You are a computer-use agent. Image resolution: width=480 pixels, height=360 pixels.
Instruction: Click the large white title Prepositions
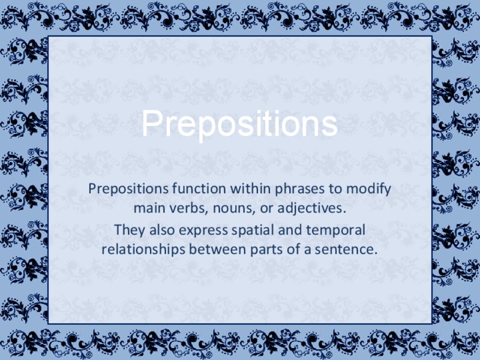239,124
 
